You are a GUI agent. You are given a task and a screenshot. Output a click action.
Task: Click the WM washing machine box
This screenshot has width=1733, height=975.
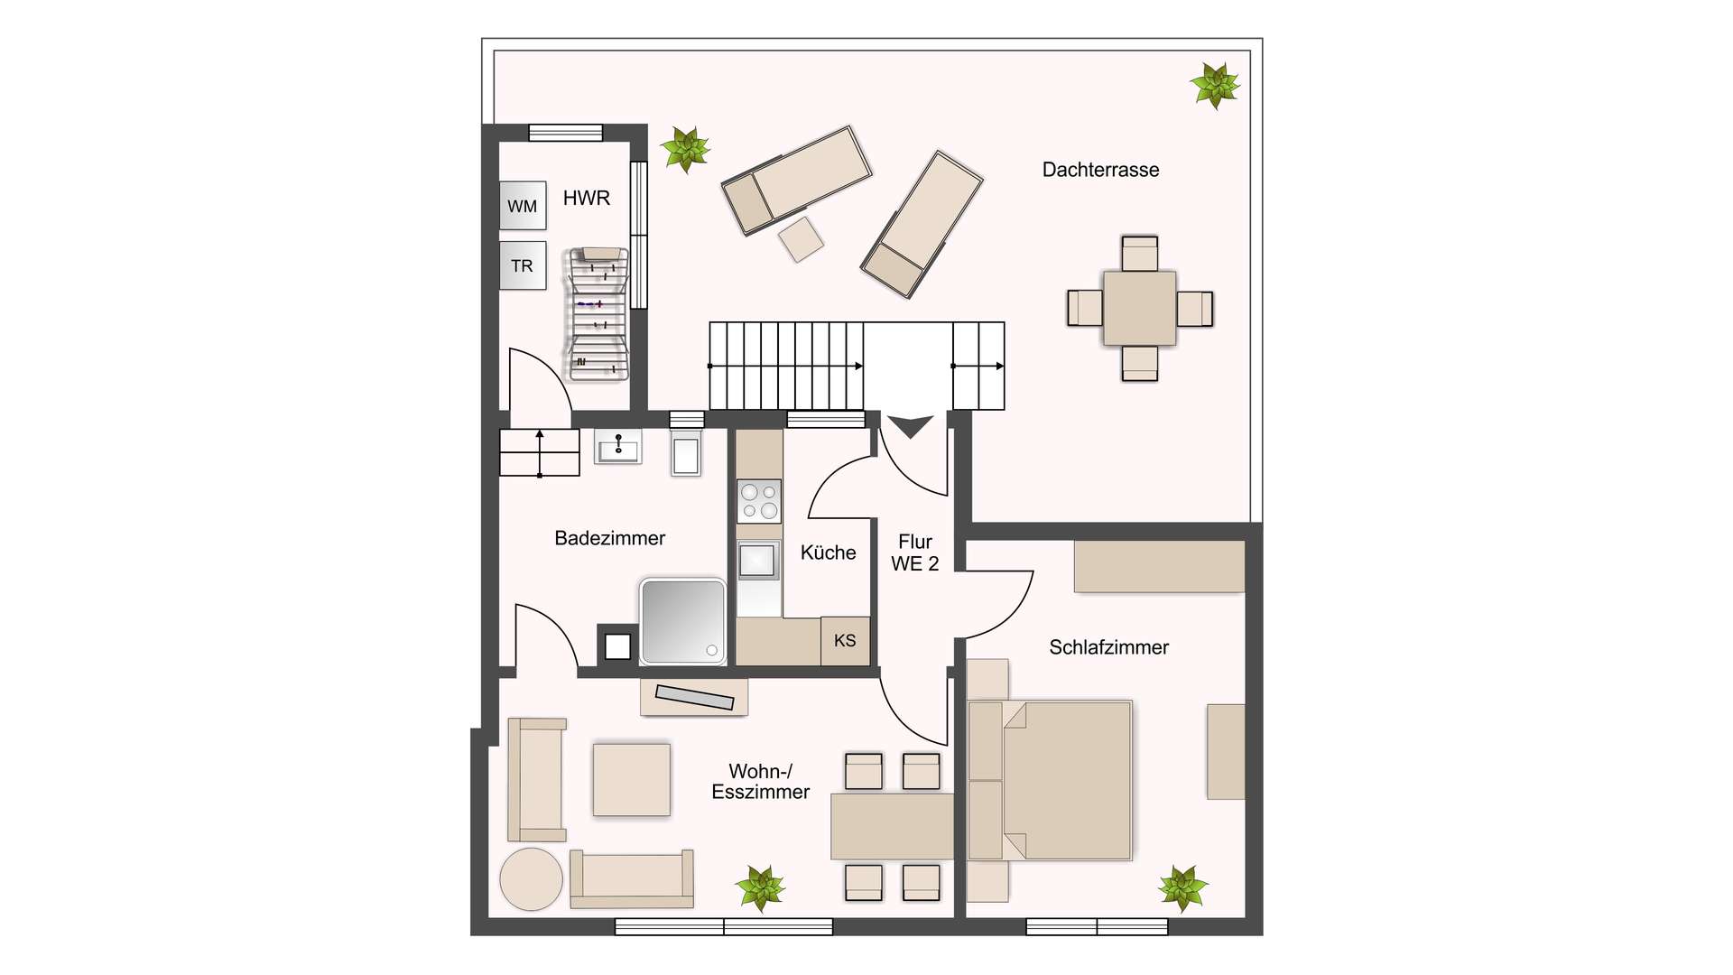tap(523, 205)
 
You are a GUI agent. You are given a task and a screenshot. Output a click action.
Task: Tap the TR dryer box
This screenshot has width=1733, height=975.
tap(523, 265)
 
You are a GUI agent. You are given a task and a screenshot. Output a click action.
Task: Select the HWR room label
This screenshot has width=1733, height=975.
tap(587, 198)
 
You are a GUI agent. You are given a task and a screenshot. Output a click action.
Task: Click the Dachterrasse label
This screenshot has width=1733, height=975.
tap(1100, 170)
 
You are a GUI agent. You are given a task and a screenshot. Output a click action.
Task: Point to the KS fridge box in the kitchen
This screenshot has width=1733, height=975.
tap(845, 641)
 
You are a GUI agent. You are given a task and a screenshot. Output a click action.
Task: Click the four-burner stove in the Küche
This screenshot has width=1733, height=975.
tap(759, 501)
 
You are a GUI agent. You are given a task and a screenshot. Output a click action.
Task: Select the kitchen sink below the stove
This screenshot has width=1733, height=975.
tap(758, 561)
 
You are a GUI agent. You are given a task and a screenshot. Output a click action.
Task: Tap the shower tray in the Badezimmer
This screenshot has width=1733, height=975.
tap(682, 621)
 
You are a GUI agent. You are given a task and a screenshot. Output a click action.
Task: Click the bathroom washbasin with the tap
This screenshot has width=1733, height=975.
tap(618, 447)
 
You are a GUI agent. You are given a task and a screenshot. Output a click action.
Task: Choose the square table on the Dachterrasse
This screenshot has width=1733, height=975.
tap(1139, 309)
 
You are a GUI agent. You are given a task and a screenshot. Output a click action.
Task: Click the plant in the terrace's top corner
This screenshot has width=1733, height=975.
tap(1215, 86)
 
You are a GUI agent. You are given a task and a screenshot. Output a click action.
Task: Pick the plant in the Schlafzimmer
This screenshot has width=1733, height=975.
tap(1182, 887)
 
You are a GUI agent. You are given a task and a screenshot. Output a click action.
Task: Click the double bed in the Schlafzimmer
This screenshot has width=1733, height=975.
tap(1050, 780)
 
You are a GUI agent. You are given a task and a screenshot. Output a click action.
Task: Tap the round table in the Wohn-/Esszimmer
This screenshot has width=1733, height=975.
tap(532, 878)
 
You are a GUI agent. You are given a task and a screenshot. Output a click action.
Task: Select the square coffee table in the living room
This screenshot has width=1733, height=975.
tap(632, 780)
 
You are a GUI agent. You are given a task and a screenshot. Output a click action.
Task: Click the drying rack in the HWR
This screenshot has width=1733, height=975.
tap(597, 314)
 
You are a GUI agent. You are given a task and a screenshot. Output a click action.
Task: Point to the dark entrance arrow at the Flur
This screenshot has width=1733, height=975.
tap(910, 426)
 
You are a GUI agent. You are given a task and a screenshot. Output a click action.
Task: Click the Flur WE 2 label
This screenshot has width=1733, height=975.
tap(915, 552)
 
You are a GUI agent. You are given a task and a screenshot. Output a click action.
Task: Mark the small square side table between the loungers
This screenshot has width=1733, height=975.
tap(801, 239)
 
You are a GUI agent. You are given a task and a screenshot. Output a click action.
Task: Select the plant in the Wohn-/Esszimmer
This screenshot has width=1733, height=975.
tap(760, 888)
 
